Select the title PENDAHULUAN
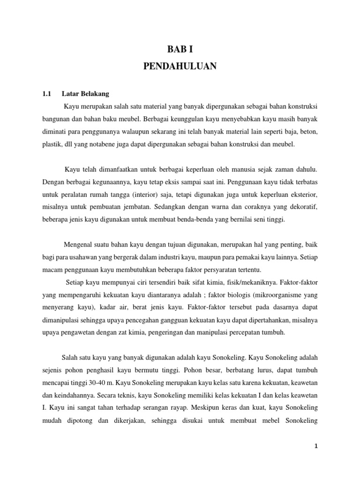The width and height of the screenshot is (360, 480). coord(180,67)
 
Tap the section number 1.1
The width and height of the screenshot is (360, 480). coord(46,94)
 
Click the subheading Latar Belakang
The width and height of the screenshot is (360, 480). coord(85,94)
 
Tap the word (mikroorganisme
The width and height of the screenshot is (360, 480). coord(259,295)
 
